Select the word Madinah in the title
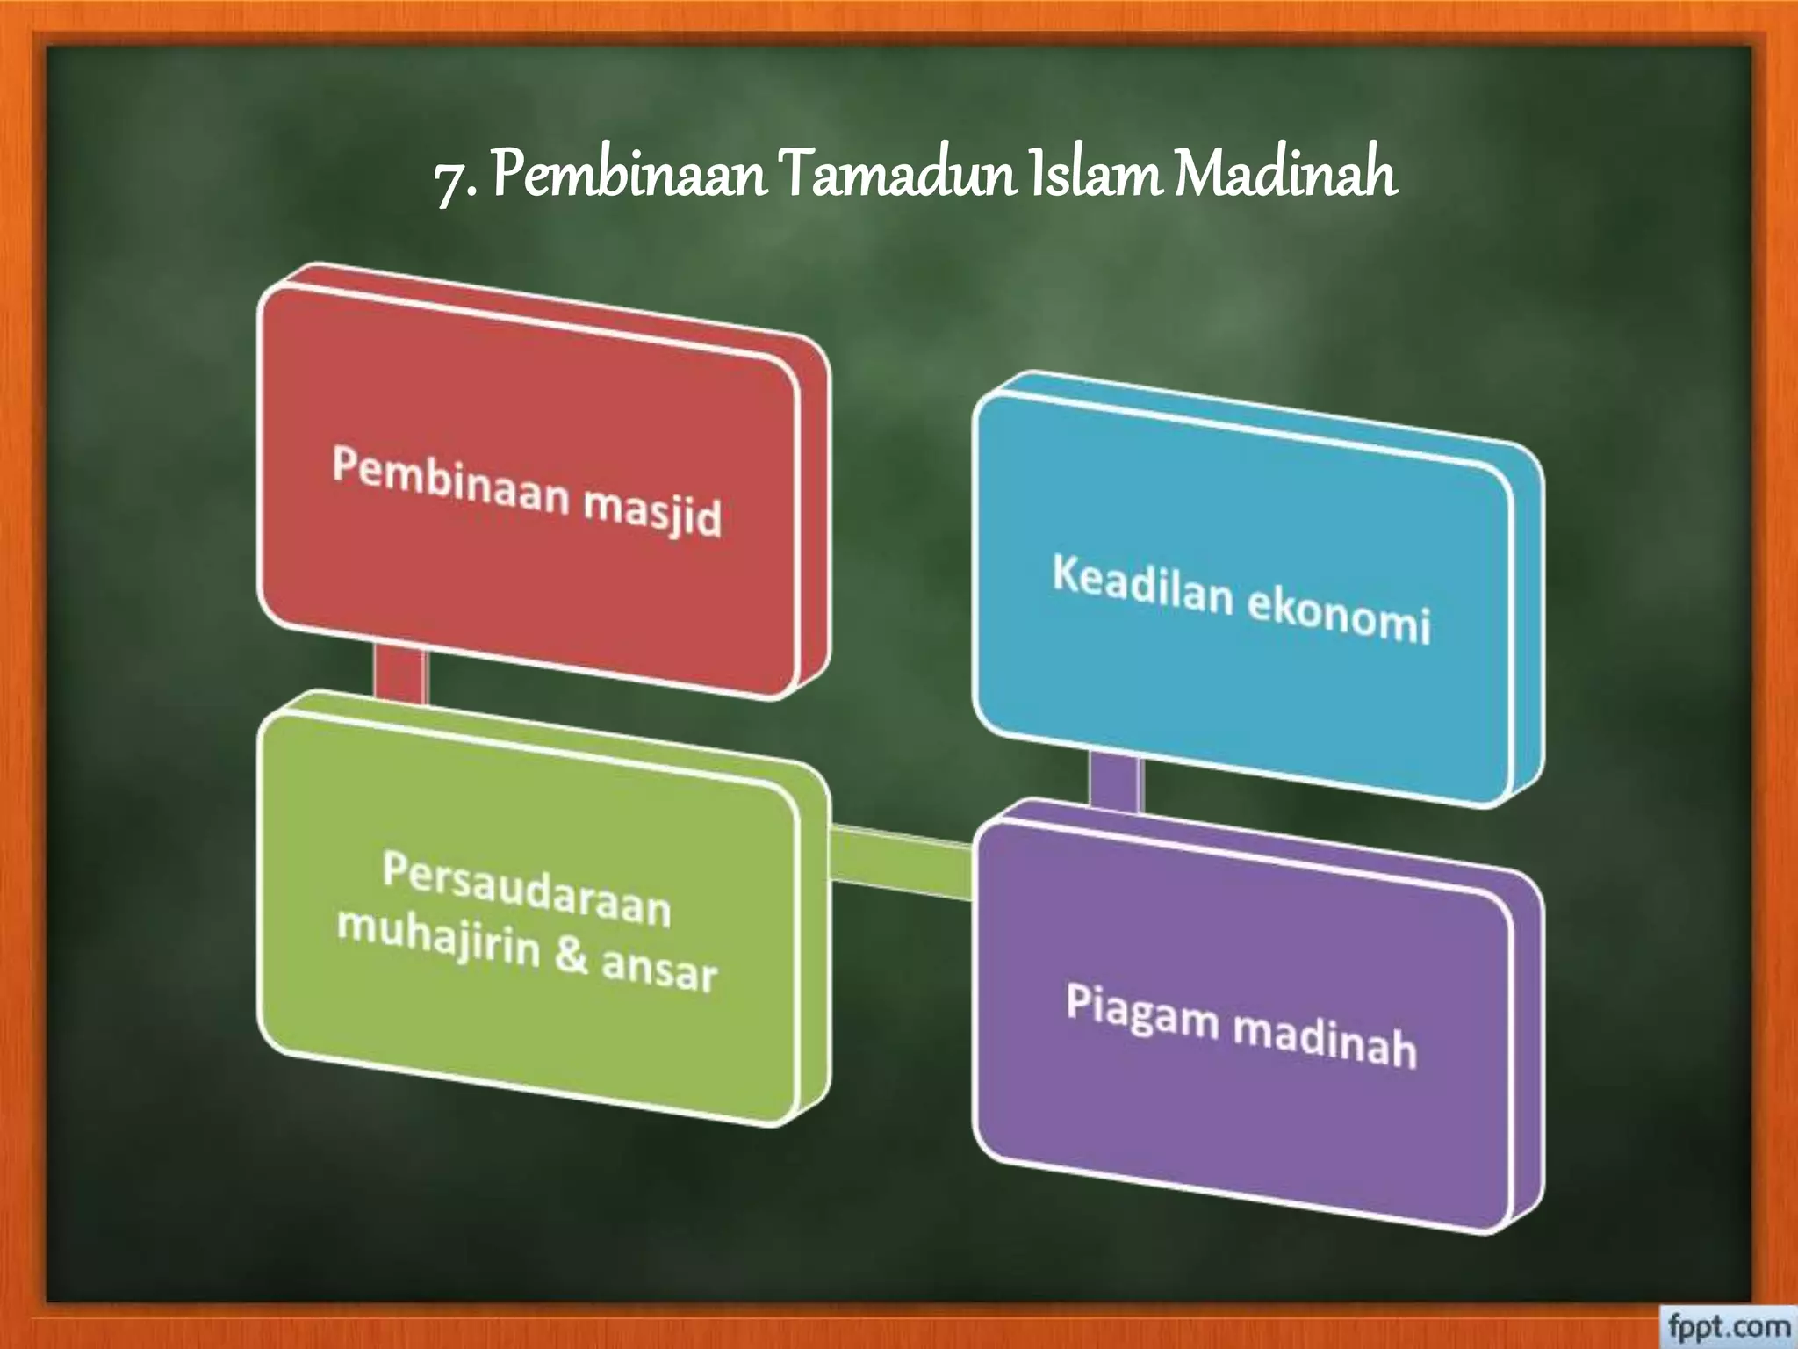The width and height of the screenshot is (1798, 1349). (1285, 174)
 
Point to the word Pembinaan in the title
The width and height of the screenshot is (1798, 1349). (629, 174)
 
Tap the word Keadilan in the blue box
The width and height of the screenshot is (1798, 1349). (1143, 584)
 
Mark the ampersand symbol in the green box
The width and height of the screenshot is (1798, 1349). (571, 956)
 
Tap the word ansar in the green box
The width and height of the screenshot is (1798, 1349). (658, 970)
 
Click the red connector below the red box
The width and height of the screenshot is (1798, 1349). (399, 674)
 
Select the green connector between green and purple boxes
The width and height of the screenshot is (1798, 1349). (900, 865)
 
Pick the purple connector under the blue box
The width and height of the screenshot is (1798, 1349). (1115, 782)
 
